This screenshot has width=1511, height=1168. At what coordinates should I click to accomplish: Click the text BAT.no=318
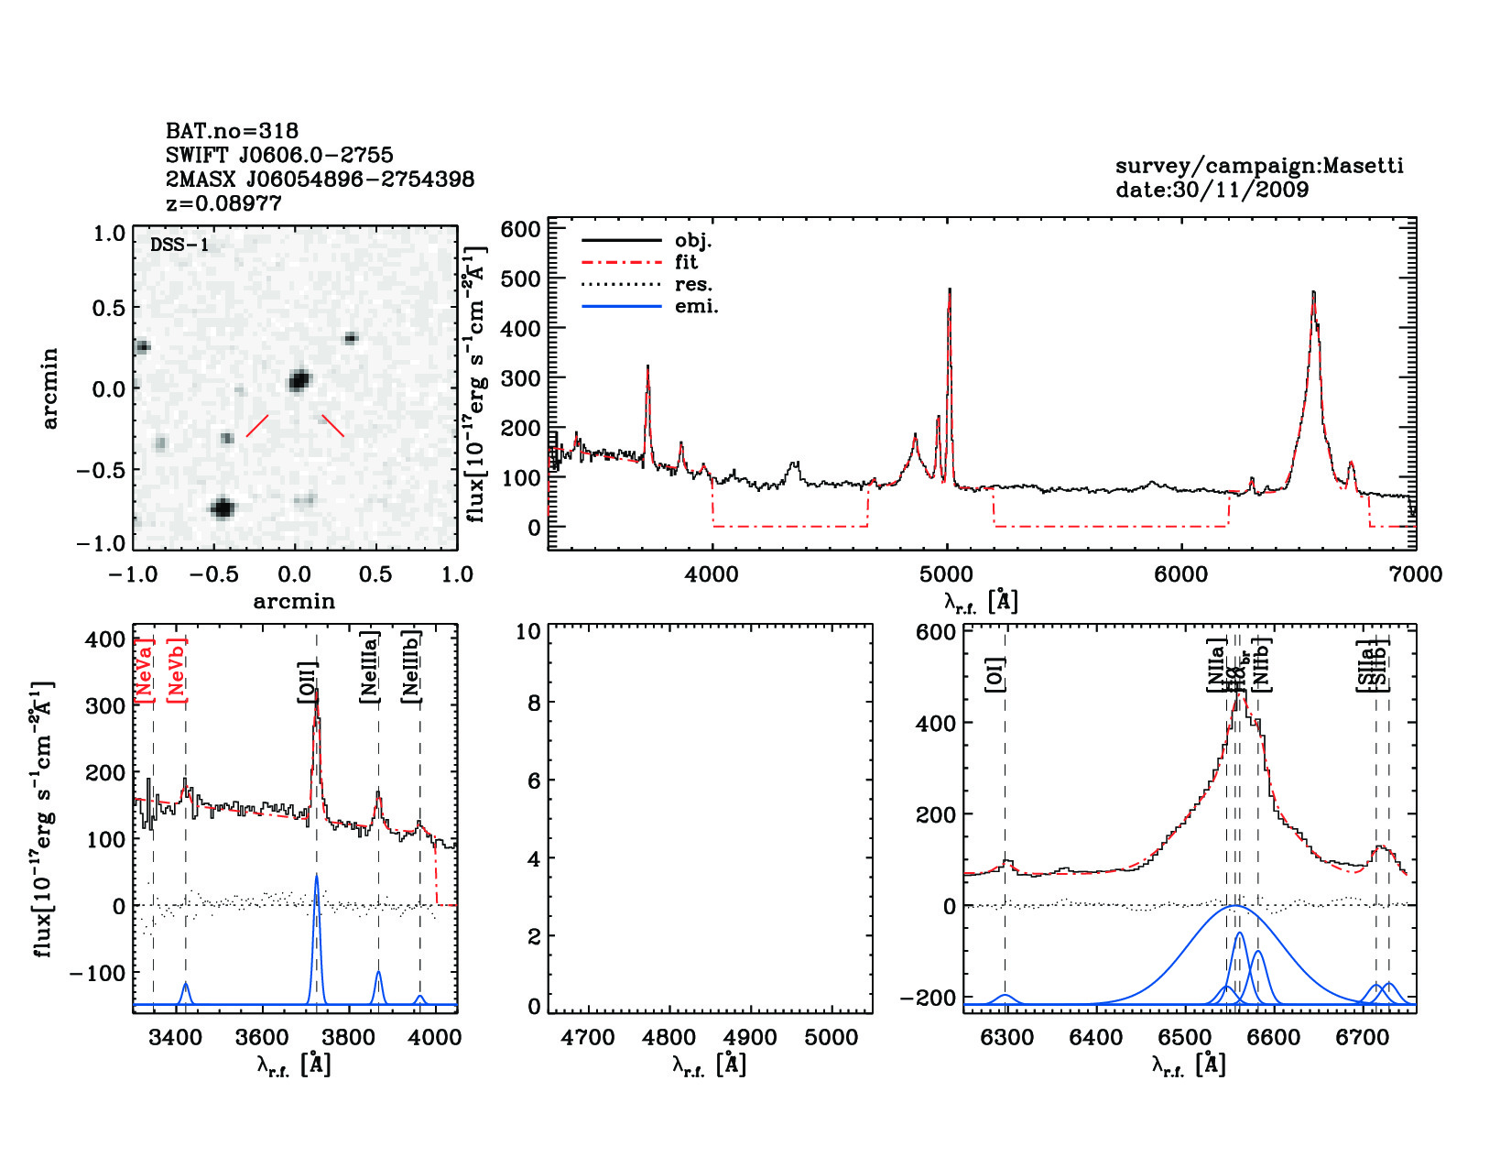point(232,131)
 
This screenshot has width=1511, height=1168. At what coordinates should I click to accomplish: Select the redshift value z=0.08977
point(223,203)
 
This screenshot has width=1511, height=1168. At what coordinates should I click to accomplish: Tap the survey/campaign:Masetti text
point(1259,166)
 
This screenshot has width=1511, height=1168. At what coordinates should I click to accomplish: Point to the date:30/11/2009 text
point(1212,190)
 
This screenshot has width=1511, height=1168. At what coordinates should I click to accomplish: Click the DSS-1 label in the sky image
point(179,245)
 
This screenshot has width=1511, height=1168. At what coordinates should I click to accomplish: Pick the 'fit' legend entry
point(686,262)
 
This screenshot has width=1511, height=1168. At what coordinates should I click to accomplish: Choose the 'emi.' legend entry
point(696,306)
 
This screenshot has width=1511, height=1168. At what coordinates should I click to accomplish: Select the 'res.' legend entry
point(693,284)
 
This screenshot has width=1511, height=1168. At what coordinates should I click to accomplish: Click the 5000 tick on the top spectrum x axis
point(946,574)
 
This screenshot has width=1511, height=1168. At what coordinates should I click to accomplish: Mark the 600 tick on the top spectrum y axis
point(521,229)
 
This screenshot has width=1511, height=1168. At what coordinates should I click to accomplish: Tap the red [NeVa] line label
point(144,671)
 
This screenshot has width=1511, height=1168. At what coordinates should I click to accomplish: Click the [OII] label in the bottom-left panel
point(307,682)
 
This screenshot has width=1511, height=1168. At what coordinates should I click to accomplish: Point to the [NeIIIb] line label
point(411,666)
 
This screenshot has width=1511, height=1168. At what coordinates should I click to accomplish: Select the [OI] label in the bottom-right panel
point(995,674)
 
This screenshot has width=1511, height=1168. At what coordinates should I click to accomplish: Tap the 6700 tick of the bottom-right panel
point(1362,1038)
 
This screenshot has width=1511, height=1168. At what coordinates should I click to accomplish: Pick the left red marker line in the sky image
point(257,426)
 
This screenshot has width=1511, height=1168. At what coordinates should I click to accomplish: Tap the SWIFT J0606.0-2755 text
point(279,155)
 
